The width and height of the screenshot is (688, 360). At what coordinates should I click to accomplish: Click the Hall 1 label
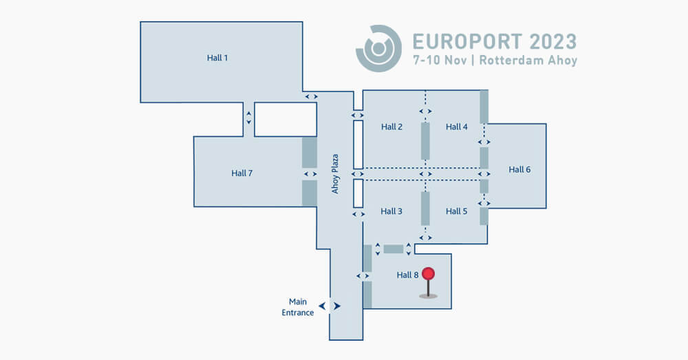tap(217, 58)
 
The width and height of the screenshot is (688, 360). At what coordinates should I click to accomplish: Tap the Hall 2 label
tap(391, 127)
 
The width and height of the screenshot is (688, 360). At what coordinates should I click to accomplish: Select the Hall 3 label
tap(391, 211)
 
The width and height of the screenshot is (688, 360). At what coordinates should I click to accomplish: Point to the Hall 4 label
tap(457, 127)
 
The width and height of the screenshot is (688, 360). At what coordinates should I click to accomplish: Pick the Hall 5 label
tap(457, 211)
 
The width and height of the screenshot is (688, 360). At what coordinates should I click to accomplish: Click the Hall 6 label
tap(519, 169)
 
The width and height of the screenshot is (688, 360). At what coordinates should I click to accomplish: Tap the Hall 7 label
tap(241, 173)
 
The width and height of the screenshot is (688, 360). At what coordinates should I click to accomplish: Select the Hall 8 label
tap(407, 275)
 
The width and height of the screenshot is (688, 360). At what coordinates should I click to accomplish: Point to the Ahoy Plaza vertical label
tap(335, 174)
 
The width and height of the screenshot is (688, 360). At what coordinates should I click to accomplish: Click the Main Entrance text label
tap(297, 307)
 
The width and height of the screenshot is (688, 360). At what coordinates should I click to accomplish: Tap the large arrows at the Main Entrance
tap(330, 306)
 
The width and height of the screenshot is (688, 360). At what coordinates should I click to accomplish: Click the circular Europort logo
tap(378, 48)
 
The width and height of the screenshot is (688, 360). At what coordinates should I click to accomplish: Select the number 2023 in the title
tap(553, 42)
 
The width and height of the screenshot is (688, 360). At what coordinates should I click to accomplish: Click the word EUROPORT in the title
tap(468, 42)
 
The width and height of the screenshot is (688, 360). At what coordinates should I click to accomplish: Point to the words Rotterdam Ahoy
tap(528, 60)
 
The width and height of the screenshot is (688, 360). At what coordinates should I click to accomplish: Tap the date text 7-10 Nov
tap(440, 60)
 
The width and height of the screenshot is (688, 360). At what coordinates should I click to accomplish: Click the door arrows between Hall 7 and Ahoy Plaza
tap(310, 174)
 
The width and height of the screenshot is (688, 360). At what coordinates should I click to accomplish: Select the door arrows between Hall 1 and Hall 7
tap(249, 118)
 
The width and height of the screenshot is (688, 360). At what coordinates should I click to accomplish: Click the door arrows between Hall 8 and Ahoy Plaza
tap(363, 276)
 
